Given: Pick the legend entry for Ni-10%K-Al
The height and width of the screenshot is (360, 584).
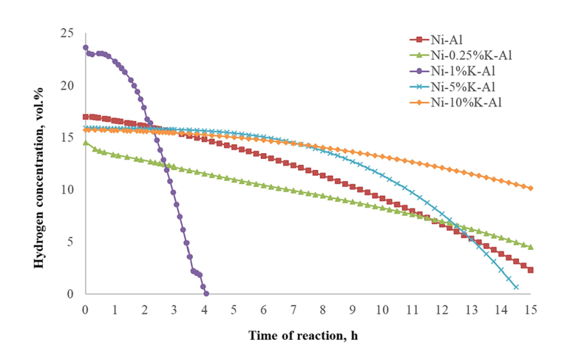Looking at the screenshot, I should tap(456, 102).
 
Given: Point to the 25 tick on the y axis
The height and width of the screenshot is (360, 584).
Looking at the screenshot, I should tap(67, 33).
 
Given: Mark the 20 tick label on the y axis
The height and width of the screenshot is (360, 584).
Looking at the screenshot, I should tap(67, 86).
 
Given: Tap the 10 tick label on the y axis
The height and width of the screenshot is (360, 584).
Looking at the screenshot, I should tap(67, 190).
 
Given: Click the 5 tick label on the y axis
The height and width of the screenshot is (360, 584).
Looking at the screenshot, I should tap(70, 242).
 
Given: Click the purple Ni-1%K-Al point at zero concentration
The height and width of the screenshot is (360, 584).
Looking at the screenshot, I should tap(206, 294).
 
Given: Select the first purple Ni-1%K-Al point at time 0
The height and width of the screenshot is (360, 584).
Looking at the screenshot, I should tap(85, 47).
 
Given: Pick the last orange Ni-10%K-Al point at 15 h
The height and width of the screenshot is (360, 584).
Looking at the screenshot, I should tap(531, 188).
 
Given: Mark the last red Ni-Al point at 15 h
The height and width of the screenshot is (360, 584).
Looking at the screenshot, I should tap(531, 270).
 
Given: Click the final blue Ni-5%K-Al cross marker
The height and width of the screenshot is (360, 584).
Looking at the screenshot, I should tap(516, 287).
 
